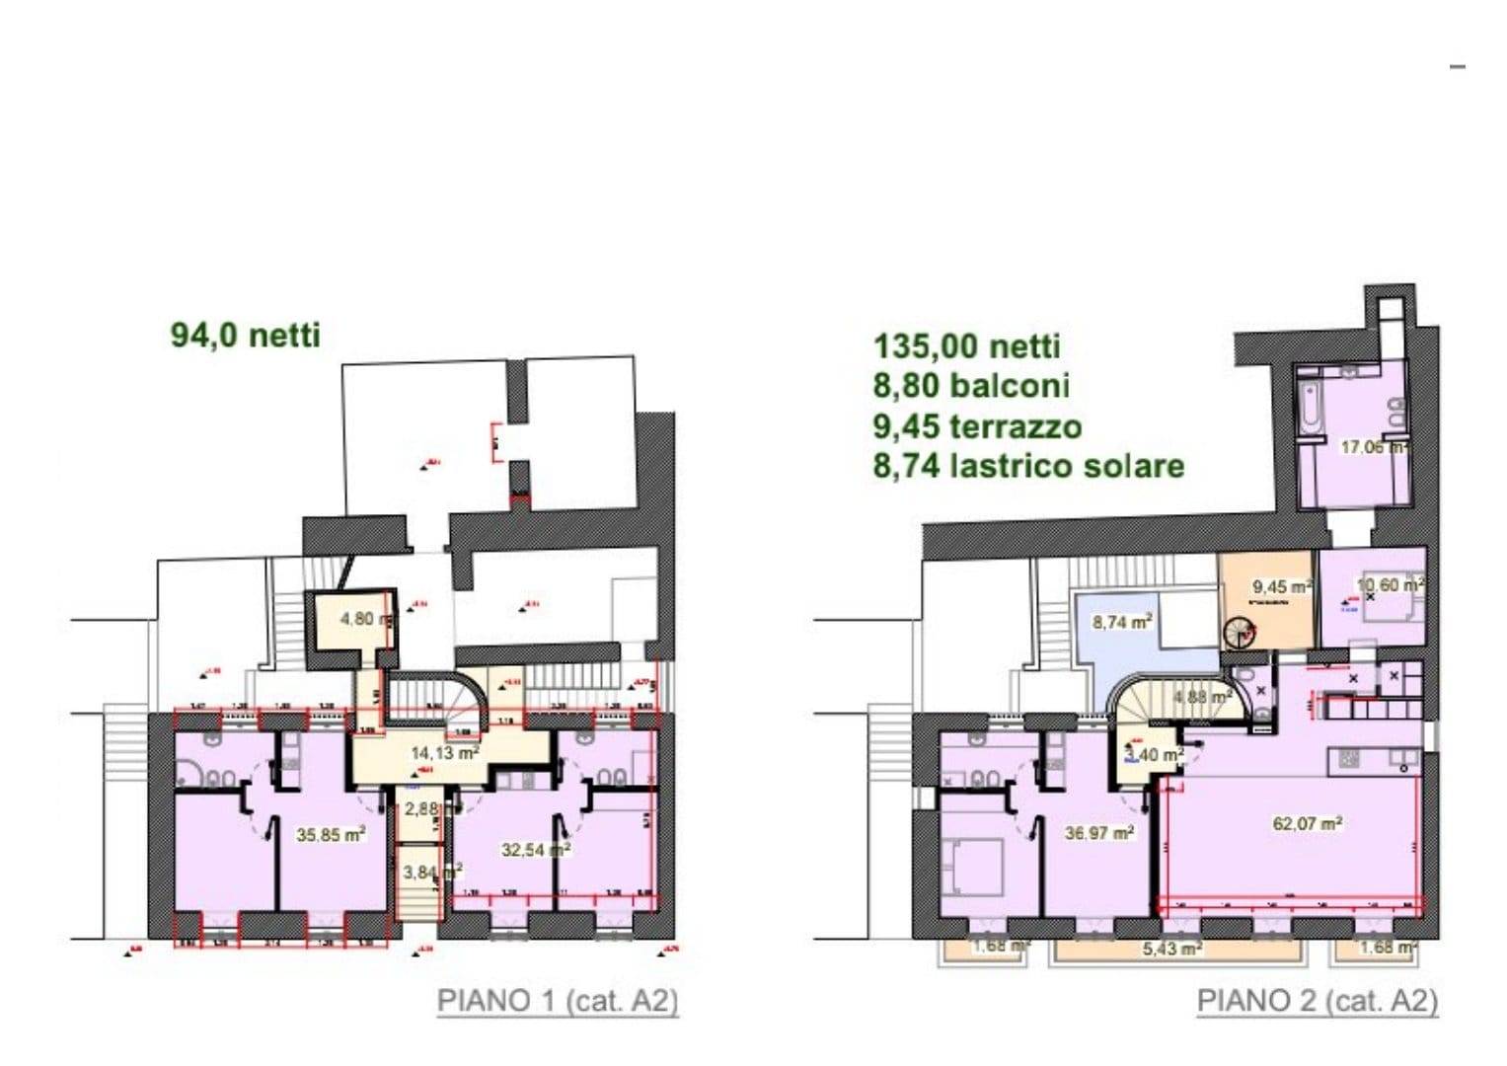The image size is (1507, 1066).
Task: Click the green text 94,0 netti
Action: pos(246,336)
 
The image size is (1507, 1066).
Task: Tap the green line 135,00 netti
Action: pos(966,346)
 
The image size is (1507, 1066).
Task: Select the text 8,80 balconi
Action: pos(971,386)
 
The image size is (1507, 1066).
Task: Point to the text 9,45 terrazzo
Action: pos(977,426)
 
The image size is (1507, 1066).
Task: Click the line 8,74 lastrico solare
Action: pos(1028,466)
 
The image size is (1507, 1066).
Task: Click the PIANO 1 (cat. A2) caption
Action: pos(558,1001)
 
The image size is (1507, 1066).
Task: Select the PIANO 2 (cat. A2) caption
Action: pos(1317,1001)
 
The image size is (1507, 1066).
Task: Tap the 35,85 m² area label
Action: pos(331,835)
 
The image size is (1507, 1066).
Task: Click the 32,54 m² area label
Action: pos(536,849)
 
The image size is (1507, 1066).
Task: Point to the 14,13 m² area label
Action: pos(444,753)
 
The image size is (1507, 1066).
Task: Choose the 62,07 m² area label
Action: pos(1307,823)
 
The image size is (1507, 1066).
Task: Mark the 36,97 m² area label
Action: pos(1097,834)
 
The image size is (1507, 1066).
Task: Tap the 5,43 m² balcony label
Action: pos(1171,949)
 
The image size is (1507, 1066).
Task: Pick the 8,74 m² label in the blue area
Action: pos(1122,623)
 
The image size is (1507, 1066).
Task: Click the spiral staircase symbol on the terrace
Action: pos(1241,633)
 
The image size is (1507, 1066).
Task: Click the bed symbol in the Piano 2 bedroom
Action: pos(973,866)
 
